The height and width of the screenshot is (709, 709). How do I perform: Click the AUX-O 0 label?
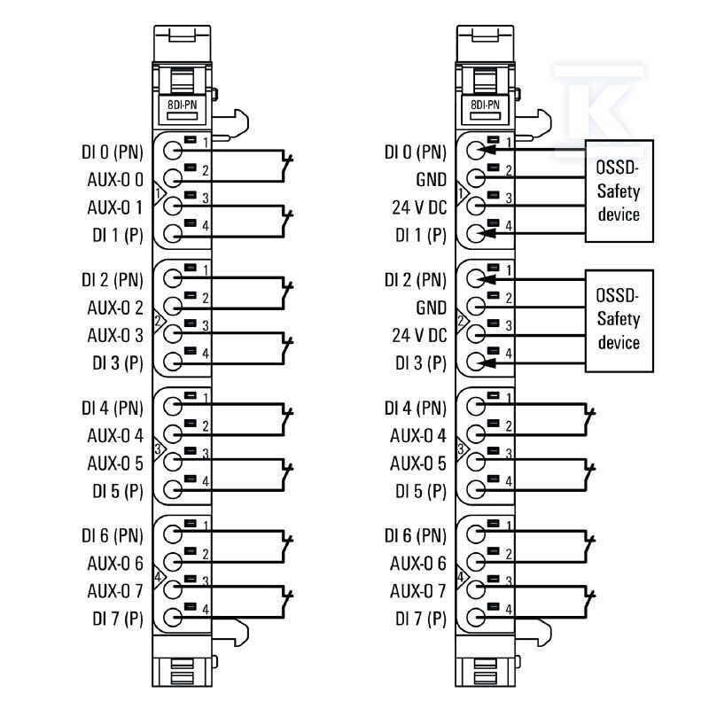115,180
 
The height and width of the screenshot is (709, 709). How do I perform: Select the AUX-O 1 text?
115,207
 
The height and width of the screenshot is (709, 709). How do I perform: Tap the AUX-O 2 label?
115,308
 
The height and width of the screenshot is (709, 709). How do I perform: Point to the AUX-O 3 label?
115,336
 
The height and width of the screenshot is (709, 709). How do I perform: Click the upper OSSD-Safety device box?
619,191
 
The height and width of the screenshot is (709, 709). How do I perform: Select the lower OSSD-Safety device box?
619,321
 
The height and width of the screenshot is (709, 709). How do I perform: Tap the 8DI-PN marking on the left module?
183,105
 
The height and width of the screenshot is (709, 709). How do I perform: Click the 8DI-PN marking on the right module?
485,105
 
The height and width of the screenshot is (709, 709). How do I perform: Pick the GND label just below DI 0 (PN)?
431,180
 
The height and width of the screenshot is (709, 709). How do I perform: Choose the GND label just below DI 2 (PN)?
431,308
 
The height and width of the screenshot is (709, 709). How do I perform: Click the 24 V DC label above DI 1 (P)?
419,207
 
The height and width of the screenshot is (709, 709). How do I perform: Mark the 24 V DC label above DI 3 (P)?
419,336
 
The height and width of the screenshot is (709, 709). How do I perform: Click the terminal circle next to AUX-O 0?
172,179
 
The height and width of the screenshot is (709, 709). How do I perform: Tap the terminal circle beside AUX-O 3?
172,334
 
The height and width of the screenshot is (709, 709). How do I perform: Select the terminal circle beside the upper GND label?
475,178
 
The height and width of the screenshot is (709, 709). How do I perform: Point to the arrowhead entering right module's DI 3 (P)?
487,362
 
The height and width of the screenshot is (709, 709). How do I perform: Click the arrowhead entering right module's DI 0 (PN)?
487,149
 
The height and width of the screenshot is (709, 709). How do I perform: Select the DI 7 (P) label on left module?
118,619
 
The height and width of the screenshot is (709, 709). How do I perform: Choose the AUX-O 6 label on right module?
418,564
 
